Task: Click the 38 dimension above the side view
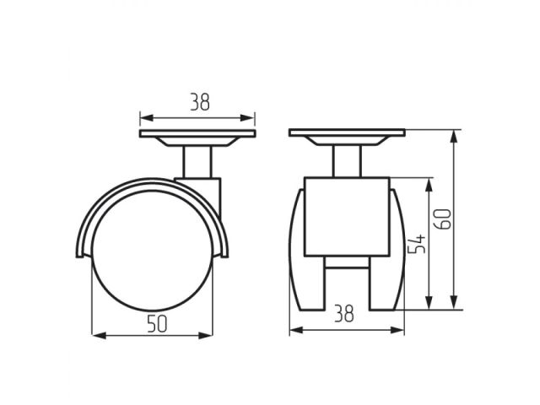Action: coord(198,103)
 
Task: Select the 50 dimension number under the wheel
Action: coord(152,323)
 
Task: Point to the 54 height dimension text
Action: coord(416,244)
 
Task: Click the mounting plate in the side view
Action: coord(197,136)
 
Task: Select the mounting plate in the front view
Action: coord(347,133)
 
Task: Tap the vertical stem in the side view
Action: coord(197,160)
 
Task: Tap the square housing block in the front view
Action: coord(347,218)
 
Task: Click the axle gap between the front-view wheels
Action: coord(347,283)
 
